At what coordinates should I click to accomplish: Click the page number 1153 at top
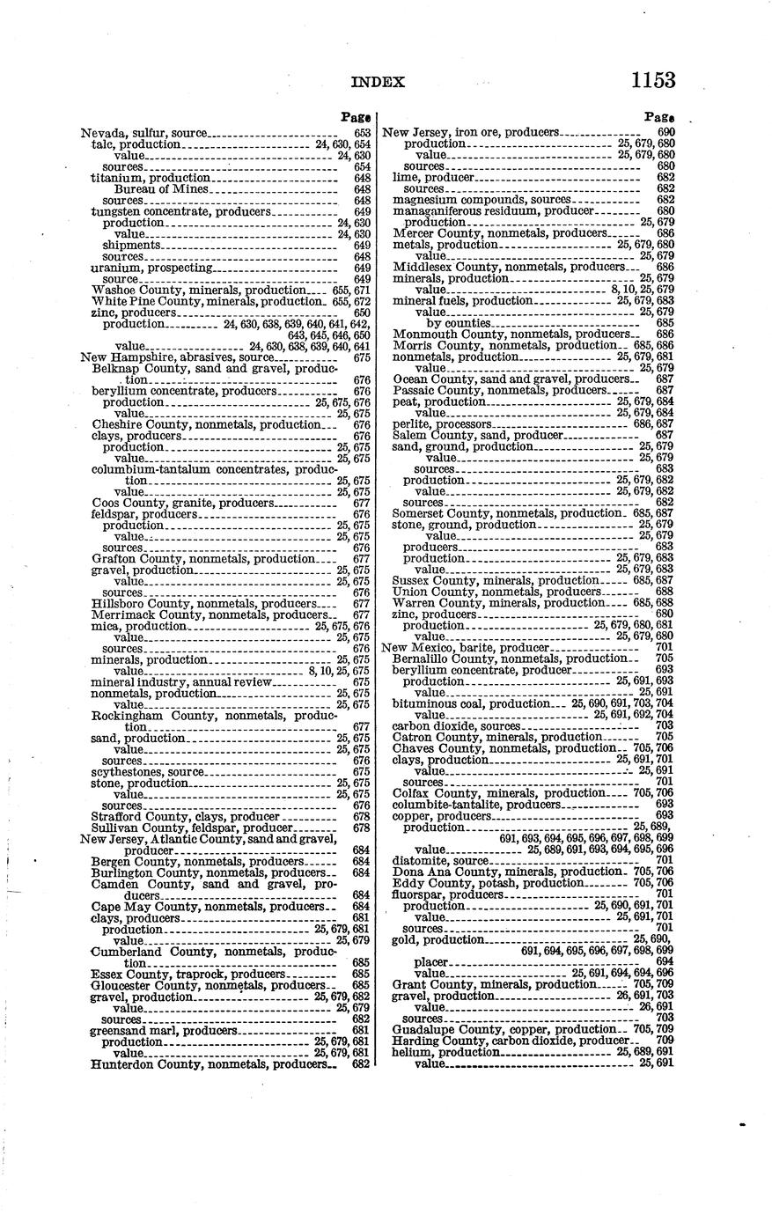[652, 80]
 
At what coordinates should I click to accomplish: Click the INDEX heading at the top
[378, 83]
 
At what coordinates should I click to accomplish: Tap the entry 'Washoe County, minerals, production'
[197, 290]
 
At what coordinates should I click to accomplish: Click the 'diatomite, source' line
[442, 861]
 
